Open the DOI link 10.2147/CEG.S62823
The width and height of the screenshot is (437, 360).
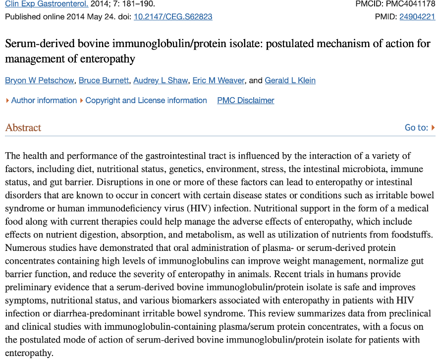[173, 16]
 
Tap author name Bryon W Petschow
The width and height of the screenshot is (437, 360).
[39, 80]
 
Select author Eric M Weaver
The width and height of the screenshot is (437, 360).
[218, 80]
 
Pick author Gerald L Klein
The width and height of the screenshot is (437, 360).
[290, 80]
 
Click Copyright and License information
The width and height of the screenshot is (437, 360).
[146, 100]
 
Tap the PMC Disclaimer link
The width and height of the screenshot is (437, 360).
[245, 100]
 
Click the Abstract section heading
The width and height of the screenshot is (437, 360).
[23, 127]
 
